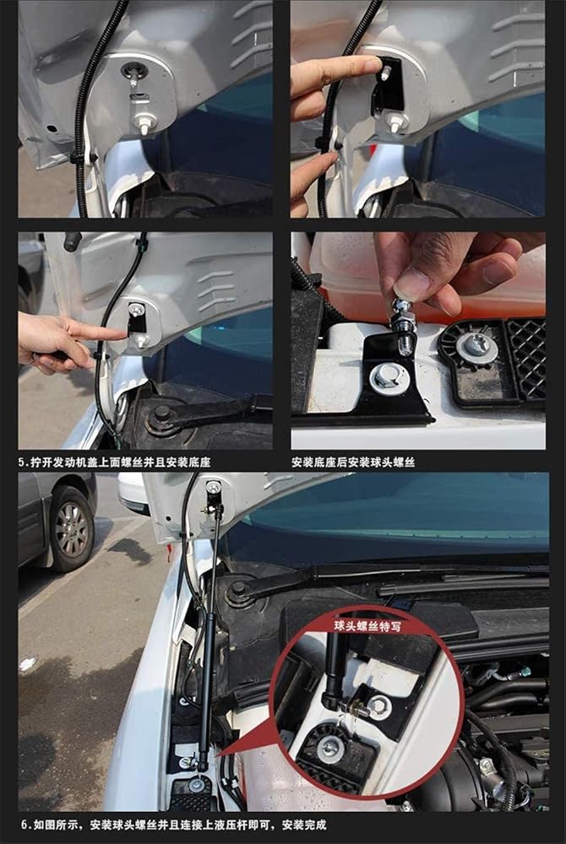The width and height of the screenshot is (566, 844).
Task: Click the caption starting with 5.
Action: (x=114, y=462)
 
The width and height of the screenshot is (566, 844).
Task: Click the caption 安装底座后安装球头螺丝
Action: (x=353, y=462)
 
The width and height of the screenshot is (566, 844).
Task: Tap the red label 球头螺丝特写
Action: (x=367, y=626)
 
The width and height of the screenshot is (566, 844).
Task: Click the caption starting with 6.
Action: (x=174, y=825)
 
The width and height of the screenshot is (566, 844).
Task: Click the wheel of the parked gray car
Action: (x=72, y=529)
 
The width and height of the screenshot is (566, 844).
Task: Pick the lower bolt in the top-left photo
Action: (x=144, y=125)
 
